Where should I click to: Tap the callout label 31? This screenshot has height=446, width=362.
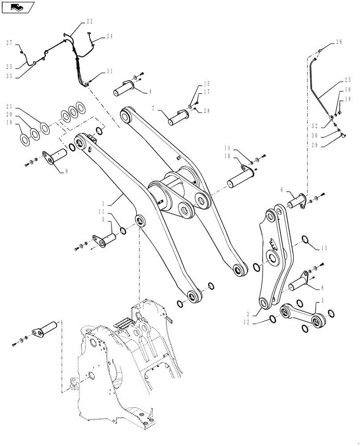(x=110, y=71)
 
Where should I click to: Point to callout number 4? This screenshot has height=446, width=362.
(x=150, y=92)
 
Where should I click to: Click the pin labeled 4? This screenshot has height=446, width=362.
(x=125, y=88)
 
